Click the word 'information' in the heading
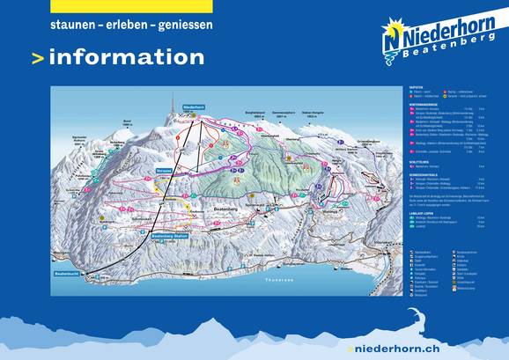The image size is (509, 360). pyautogui.click(x=127, y=58)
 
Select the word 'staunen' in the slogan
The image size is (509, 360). pyautogui.click(x=74, y=26)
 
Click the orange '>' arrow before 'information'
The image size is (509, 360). pyautogui.click(x=37, y=59)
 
